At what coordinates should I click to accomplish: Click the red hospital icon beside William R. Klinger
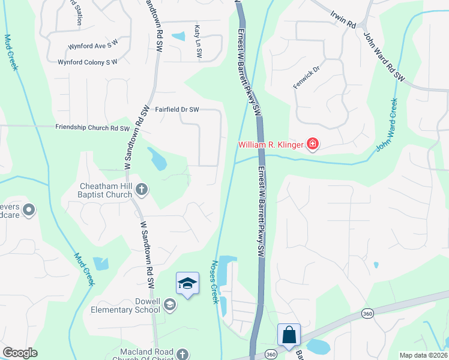[x=312, y=144]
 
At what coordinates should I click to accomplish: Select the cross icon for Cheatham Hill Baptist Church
[x=141, y=190]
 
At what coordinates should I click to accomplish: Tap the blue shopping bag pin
[x=289, y=335]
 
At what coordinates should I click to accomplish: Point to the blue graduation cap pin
[x=187, y=283]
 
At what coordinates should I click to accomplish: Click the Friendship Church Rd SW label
[x=92, y=128]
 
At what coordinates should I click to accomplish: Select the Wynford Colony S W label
[x=88, y=62]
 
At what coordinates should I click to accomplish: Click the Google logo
[x=20, y=353]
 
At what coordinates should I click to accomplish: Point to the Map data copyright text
[x=423, y=355]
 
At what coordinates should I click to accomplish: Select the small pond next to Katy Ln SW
[x=179, y=37]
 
